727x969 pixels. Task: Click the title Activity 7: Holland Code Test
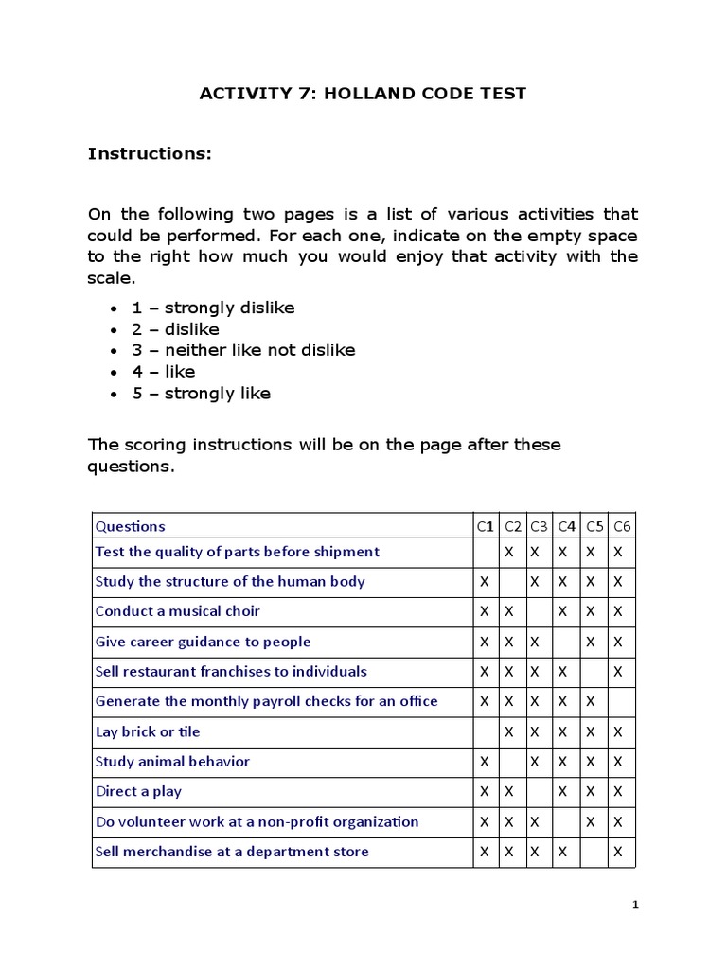click(x=363, y=93)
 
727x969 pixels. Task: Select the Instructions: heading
click(x=150, y=153)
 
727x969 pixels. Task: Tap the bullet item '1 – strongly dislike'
click(x=213, y=308)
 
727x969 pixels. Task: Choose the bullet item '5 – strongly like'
click(x=201, y=394)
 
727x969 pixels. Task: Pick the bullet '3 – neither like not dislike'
click(x=243, y=350)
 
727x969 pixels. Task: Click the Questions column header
click(x=131, y=526)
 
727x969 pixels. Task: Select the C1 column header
click(x=485, y=526)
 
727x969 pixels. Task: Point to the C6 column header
click(x=622, y=526)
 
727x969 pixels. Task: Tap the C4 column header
click(x=567, y=526)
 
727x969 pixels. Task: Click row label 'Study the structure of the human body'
click(x=230, y=581)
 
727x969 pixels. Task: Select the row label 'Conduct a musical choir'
click(x=178, y=611)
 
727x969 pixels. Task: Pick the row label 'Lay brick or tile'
click(x=148, y=731)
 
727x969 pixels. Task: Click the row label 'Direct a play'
click(x=139, y=791)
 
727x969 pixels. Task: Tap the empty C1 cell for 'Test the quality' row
click(x=485, y=552)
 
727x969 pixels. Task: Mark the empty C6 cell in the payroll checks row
click(x=622, y=701)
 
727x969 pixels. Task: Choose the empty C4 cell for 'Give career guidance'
click(x=567, y=642)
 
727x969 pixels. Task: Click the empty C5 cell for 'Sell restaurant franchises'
click(x=594, y=672)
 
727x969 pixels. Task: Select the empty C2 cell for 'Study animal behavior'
click(x=512, y=762)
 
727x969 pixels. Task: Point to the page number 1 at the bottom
click(x=636, y=906)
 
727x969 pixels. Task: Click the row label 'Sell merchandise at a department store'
click(x=232, y=852)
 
